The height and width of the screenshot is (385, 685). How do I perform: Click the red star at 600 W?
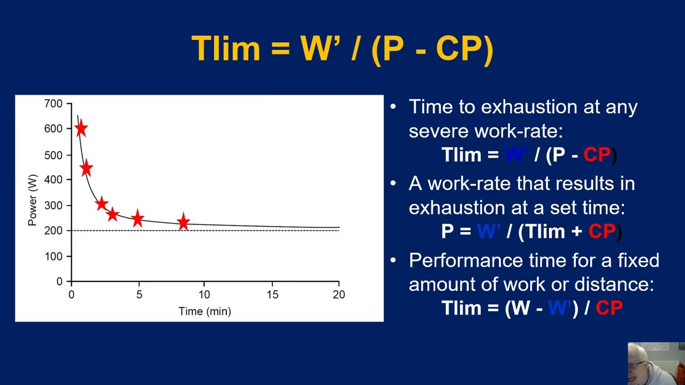tap(81, 129)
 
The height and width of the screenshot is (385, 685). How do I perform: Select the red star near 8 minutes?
tap(184, 222)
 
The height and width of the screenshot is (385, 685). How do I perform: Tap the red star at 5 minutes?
tap(138, 218)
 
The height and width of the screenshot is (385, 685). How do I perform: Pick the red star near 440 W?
tap(86, 169)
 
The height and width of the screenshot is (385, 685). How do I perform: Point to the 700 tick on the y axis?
tap(54, 104)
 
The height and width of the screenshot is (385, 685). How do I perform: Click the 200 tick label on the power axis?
tap(54, 230)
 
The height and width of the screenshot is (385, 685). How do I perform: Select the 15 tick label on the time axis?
tap(272, 294)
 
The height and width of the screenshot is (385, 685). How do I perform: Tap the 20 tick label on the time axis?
tap(339, 294)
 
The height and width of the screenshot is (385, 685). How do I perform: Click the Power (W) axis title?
tap(33, 200)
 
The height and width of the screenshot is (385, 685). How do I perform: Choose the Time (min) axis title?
tap(204, 311)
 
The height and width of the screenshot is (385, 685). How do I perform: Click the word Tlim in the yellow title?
tap(226, 49)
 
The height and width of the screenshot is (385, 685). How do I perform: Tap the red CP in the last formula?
tap(609, 308)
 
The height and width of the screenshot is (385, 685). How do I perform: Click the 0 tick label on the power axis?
tap(59, 282)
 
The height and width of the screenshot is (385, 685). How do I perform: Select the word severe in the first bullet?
tap(440, 131)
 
